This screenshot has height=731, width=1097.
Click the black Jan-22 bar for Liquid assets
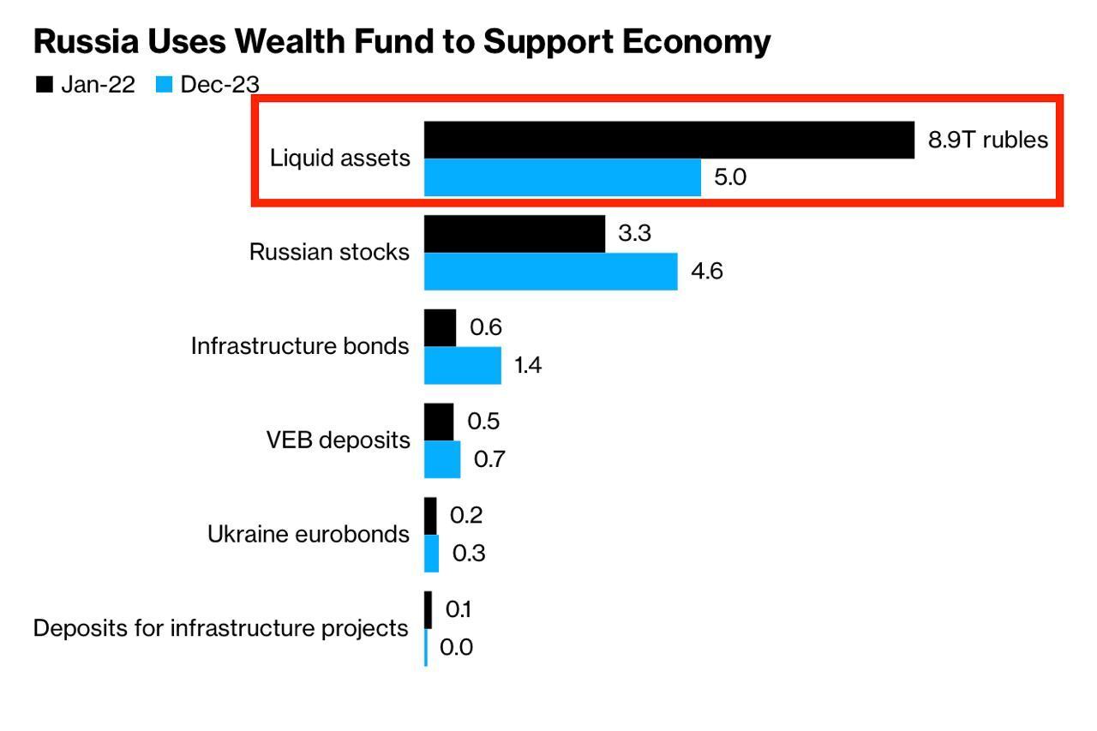[x=668, y=140]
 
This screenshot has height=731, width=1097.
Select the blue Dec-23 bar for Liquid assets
[x=562, y=177]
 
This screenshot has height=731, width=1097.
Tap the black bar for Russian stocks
[x=514, y=234]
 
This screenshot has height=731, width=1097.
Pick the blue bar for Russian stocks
[x=550, y=272]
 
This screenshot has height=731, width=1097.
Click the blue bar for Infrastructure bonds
[x=462, y=365]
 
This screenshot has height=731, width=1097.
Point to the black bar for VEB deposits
[x=439, y=422]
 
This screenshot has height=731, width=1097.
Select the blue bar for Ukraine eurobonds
[x=432, y=554]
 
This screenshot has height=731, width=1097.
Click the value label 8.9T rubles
[x=987, y=140]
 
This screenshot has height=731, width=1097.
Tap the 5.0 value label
[x=730, y=177]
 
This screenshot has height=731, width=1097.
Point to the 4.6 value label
[x=707, y=272]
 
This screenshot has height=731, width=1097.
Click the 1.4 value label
[x=528, y=366]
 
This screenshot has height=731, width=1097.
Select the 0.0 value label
[x=456, y=647]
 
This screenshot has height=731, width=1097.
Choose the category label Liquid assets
[x=339, y=159]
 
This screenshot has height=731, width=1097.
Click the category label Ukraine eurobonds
[x=309, y=535]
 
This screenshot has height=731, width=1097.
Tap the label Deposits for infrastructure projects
[x=220, y=628]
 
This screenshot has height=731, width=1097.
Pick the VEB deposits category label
[x=338, y=440]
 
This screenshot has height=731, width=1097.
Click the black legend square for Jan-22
[x=44, y=84]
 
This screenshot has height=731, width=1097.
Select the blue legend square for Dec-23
[x=165, y=84]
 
